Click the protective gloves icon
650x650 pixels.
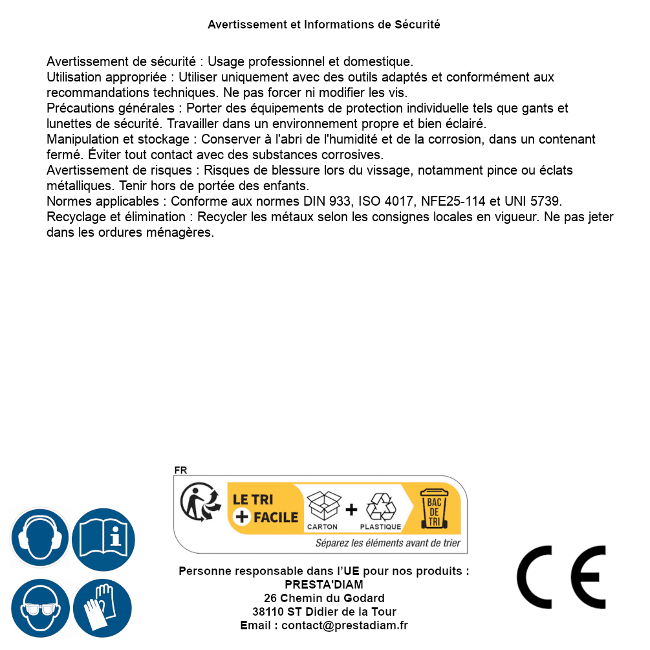point(103,609)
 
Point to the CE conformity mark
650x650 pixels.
point(561,578)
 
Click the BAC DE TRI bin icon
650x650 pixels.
point(434,509)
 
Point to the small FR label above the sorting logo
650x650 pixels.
point(180,471)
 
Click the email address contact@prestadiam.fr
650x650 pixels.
point(345,625)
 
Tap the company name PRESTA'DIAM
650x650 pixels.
point(324,585)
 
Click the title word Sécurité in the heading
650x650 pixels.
point(417,25)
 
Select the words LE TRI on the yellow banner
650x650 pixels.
point(253,499)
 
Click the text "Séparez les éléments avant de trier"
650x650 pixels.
point(387,543)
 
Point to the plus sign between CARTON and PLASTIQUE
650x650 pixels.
point(351,510)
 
